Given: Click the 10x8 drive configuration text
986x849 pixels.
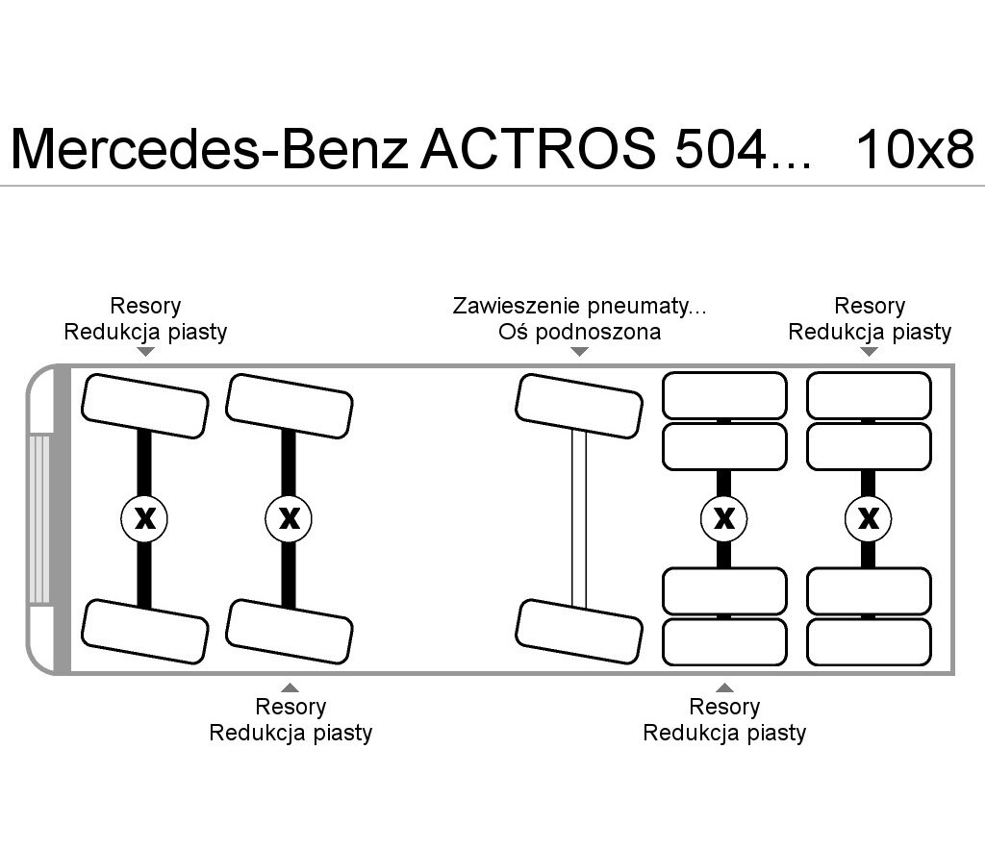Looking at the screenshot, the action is click(x=915, y=150).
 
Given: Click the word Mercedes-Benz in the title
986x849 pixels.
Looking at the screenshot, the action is click(x=210, y=150).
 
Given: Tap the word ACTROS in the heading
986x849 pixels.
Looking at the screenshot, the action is click(x=539, y=149).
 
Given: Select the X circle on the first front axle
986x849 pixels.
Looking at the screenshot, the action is click(x=144, y=518).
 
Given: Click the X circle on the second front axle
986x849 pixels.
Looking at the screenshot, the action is click(x=289, y=518).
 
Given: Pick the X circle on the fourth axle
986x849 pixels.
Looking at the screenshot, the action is click(x=724, y=518).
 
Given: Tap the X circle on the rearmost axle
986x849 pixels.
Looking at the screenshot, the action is click(x=869, y=518).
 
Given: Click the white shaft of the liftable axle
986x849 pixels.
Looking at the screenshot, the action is click(x=579, y=519).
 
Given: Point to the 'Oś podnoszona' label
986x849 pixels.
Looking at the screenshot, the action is click(x=579, y=332).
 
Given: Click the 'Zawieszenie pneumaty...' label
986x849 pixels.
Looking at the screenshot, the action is click(x=579, y=306).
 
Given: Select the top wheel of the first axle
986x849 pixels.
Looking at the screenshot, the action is click(x=144, y=406).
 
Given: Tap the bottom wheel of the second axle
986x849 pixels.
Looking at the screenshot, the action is click(x=290, y=632).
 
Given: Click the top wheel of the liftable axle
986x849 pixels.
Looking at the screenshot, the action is click(x=579, y=406).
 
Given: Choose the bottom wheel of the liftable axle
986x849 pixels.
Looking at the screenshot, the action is click(x=579, y=632).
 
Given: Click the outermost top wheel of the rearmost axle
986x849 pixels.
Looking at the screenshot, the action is click(x=869, y=395).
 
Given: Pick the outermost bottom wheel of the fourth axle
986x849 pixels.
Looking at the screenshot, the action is click(x=724, y=642).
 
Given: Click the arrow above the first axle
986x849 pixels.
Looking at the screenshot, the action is click(x=145, y=352).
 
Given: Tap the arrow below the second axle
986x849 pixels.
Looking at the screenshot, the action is click(x=290, y=687).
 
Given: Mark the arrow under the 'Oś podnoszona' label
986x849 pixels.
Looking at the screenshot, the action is click(x=579, y=352).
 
